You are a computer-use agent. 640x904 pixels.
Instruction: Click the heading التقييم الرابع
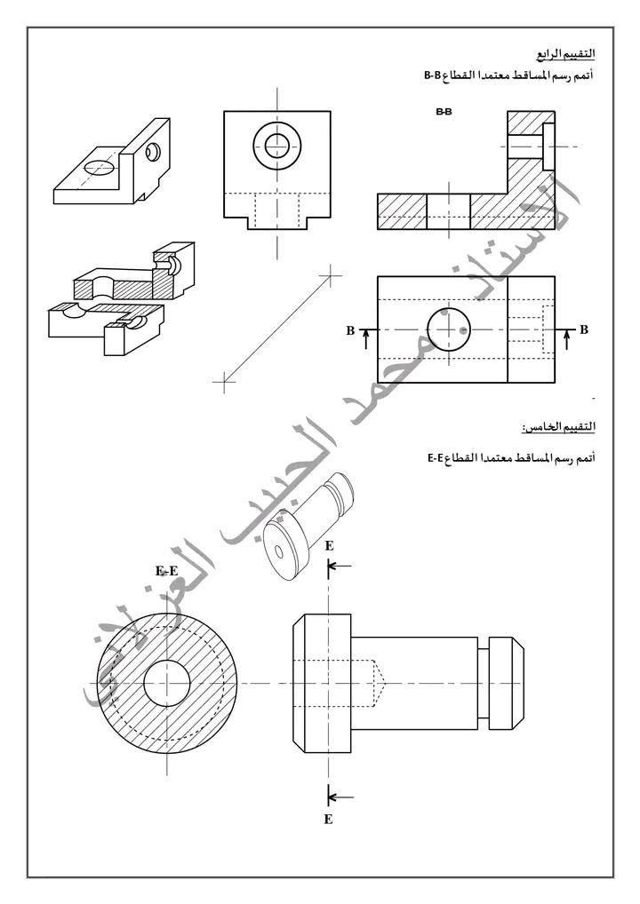click(566, 54)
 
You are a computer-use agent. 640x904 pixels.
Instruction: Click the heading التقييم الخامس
click(558, 427)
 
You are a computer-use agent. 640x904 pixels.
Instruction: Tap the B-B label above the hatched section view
click(444, 112)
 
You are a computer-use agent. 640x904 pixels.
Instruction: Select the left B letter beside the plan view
click(350, 331)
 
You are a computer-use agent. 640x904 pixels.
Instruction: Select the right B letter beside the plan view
click(584, 329)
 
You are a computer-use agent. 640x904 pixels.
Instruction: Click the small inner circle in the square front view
click(277, 145)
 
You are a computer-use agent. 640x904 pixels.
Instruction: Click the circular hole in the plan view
click(449, 329)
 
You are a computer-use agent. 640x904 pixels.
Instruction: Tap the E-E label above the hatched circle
click(167, 571)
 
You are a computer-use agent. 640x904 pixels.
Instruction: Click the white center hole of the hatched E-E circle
click(167, 683)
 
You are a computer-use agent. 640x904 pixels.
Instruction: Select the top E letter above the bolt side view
click(329, 546)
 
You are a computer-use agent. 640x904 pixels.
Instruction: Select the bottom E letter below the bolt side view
click(328, 820)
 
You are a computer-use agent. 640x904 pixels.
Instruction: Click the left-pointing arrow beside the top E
click(340, 567)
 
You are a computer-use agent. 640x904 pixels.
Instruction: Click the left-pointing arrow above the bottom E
click(340, 798)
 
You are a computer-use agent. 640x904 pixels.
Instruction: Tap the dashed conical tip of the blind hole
click(381, 683)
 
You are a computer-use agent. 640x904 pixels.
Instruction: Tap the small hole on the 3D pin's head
click(280, 551)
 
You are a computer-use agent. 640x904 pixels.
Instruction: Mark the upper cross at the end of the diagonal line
click(330, 276)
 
